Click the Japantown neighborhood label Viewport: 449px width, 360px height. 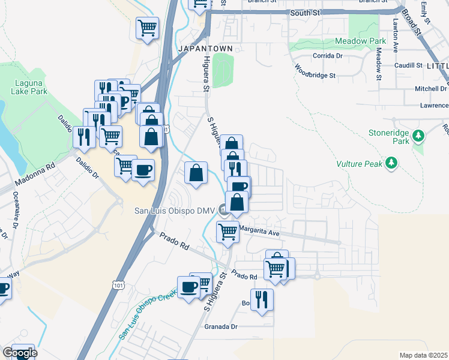point(205,48)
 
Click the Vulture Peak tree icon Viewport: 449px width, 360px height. point(391,162)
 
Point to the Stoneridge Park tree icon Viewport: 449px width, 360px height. point(420,136)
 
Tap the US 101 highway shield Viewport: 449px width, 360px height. point(115,286)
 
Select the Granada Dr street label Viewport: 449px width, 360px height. point(221,327)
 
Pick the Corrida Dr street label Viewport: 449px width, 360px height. point(327,56)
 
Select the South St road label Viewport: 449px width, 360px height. point(304,12)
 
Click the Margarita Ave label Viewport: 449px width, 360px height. point(259,232)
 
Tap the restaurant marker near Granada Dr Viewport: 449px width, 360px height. point(262,299)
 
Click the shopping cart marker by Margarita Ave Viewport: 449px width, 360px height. point(227,231)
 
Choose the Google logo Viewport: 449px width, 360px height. point(19,353)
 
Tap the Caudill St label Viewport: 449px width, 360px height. point(409,65)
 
